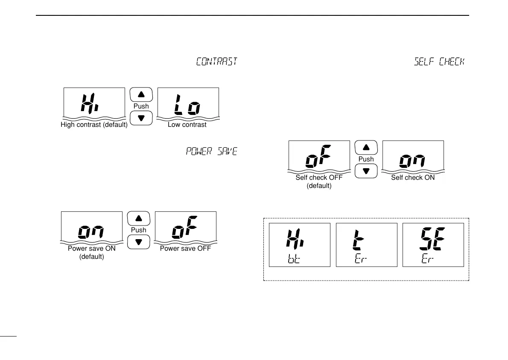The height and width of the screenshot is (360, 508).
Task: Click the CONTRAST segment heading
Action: [x=216, y=61]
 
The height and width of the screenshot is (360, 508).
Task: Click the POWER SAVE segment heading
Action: [x=211, y=152]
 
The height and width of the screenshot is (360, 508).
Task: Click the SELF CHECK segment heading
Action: [x=439, y=61]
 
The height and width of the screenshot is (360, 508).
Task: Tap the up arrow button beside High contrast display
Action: [x=141, y=94]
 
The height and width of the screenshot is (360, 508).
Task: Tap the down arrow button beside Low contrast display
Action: [x=141, y=118]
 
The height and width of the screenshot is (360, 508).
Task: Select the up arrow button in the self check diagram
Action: [x=366, y=147]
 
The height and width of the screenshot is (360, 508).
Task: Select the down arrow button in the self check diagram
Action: [x=366, y=171]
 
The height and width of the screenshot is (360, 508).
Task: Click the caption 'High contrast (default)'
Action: [x=94, y=125]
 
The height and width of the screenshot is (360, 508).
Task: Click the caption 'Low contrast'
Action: [x=187, y=125]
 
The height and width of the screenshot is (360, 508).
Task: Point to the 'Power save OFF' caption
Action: [x=185, y=249]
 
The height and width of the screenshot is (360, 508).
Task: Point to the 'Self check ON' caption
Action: [x=413, y=177]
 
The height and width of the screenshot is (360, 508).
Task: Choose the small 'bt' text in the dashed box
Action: [x=294, y=259]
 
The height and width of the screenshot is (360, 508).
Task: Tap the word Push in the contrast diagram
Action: [x=141, y=106]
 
